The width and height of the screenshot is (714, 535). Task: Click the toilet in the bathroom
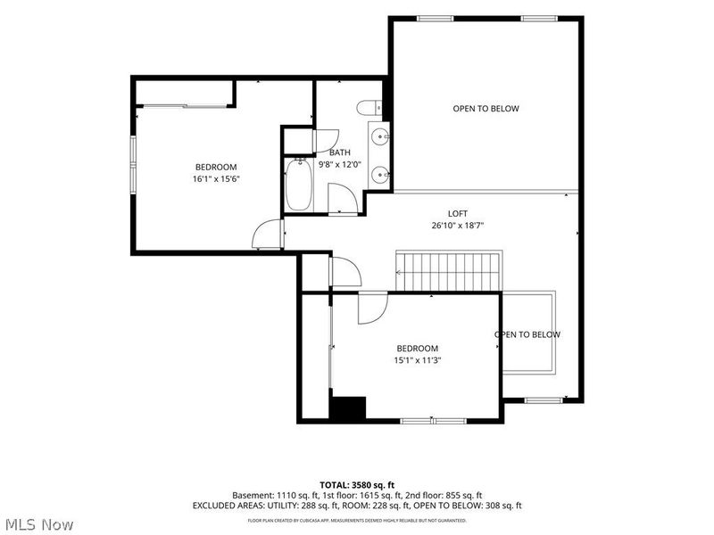pyautogui.click(x=369, y=108)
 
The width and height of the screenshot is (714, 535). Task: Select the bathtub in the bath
pyautogui.click(x=299, y=185)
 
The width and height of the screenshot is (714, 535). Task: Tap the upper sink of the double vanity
pyautogui.click(x=380, y=136)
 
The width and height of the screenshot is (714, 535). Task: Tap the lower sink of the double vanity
pyautogui.click(x=380, y=174)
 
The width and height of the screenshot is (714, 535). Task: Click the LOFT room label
pyautogui.click(x=458, y=213)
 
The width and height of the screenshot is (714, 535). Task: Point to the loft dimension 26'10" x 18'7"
pyautogui.click(x=458, y=226)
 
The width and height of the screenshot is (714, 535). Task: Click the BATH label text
pyautogui.click(x=340, y=152)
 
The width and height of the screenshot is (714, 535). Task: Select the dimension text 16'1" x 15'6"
pyautogui.click(x=216, y=179)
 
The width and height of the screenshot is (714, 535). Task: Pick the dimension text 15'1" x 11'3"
pyautogui.click(x=418, y=360)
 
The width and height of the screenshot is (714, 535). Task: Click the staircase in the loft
pyautogui.click(x=449, y=271)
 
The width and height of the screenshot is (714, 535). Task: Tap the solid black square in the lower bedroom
pyautogui.click(x=348, y=407)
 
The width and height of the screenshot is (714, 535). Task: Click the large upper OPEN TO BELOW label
pyautogui.click(x=486, y=108)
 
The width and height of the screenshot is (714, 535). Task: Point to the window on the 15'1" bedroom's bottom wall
pyautogui.click(x=433, y=421)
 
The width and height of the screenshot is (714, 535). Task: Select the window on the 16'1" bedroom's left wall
pyautogui.click(x=133, y=166)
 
